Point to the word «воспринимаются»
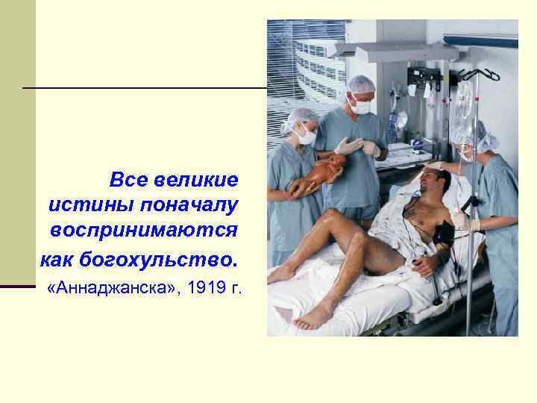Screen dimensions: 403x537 pyautogui.click(x=145, y=230)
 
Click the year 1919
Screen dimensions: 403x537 pyautogui.click(x=205, y=288)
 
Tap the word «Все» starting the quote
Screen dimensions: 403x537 pyautogui.click(x=128, y=180)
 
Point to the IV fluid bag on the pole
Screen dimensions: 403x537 pyautogui.click(x=464, y=104)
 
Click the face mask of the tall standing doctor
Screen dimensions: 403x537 pyautogui.click(x=361, y=107)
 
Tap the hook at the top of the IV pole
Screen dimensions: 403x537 pyautogui.click(x=477, y=73)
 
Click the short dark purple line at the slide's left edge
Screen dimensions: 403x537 pyautogui.click(x=17, y=286)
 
